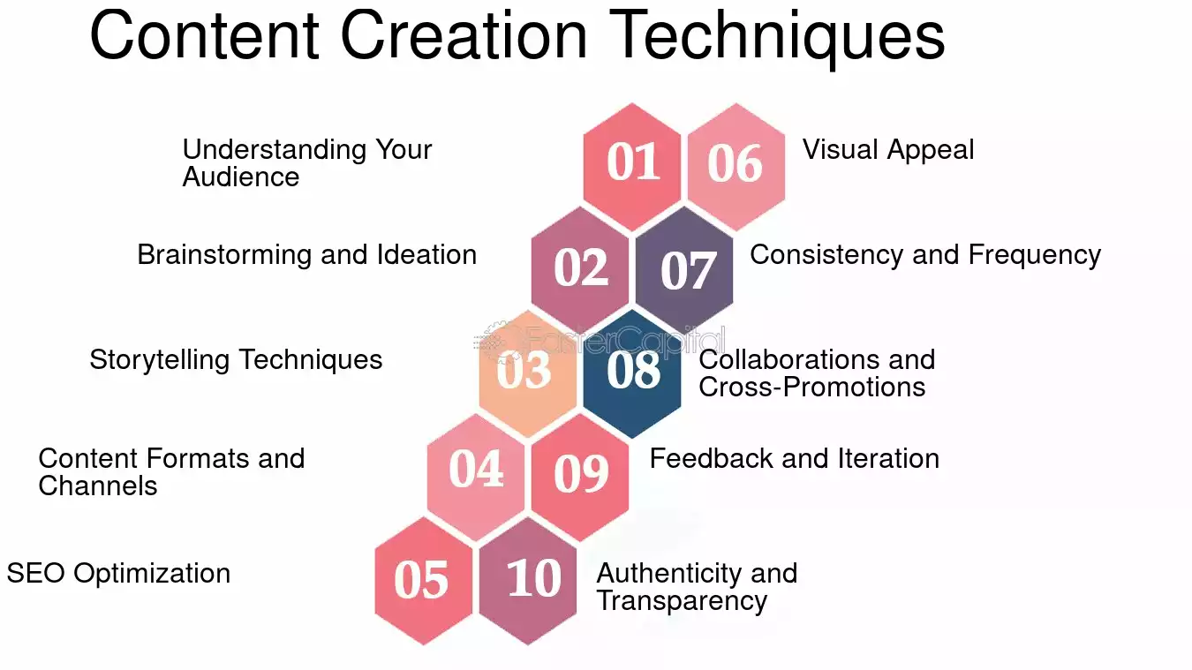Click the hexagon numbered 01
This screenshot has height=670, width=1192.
pos(631,167)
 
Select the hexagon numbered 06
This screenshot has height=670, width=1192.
pos(736,167)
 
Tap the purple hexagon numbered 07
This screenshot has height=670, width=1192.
pos(684,270)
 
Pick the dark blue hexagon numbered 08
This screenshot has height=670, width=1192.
pos(631,374)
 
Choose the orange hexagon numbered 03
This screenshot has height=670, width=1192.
pos(527,374)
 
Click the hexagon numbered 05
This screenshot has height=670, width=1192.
pos(423,581)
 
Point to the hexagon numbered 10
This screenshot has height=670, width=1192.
pos(527,581)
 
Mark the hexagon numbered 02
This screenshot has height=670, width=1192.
pos(579,270)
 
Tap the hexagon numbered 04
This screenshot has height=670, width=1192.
pos(475,478)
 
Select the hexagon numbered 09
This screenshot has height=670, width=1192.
pos(579,478)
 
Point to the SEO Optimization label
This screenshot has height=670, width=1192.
pos(118,574)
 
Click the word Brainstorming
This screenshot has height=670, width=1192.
pos(224,255)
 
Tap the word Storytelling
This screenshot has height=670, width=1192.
pos(159,361)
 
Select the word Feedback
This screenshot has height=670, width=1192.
pos(712,458)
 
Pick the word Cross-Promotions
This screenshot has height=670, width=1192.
pos(812,387)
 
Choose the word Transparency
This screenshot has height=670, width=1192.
pos(682,602)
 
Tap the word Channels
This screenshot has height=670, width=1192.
pos(97,486)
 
